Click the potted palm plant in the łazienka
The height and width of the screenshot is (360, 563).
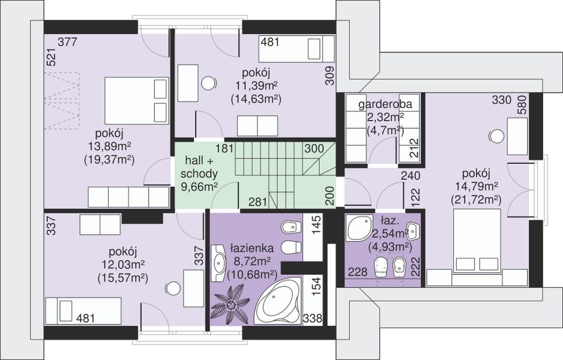[x=230, y=305]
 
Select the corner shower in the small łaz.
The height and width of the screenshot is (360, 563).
[x=359, y=228]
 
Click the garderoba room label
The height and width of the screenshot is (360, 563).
[x=385, y=104]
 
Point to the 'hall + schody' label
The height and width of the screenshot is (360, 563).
[x=199, y=167]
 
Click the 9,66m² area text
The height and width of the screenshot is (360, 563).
[x=200, y=187]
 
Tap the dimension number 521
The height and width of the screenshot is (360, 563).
[x=52, y=57]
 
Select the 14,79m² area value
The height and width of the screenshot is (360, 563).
[x=476, y=186]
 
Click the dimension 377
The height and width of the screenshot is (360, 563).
[x=67, y=42]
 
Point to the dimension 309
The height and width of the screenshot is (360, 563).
[x=330, y=76]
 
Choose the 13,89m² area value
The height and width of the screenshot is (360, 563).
[x=109, y=146]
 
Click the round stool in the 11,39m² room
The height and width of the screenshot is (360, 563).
[x=209, y=83]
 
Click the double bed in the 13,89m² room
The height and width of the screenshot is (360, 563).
[x=136, y=101]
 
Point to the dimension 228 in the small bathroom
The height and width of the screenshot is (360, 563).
[x=358, y=272]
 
